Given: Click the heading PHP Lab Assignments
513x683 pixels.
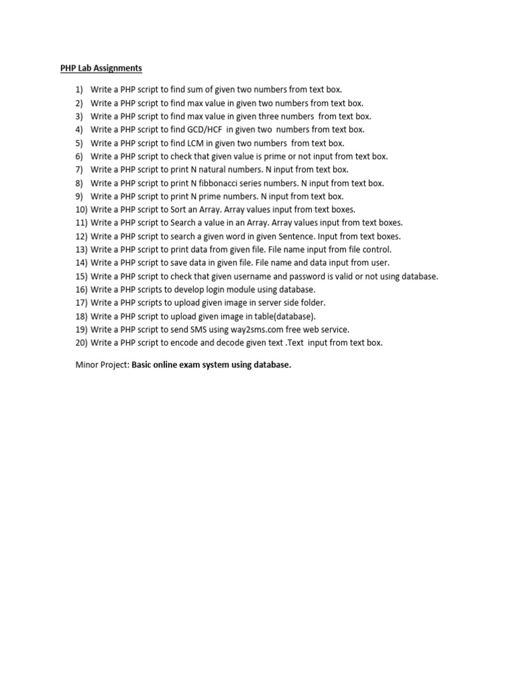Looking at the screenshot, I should (98, 68).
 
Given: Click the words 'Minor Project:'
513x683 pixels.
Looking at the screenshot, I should (102, 366).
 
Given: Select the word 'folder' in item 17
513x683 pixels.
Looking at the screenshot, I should (311, 303).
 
